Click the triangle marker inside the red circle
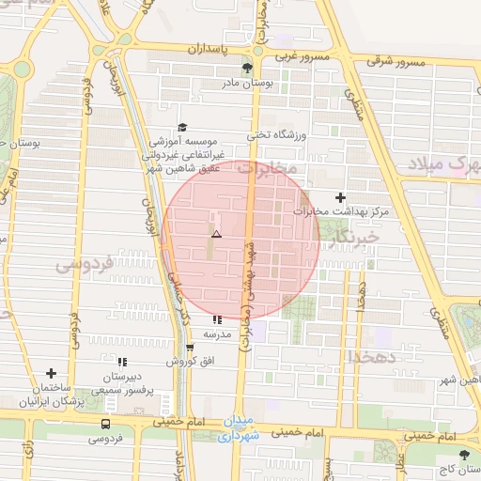click(216, 234)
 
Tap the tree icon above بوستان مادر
click(247, 68)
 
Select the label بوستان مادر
click(246, 84)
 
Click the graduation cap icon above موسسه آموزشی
click(181, 128)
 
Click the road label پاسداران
click(209, 47)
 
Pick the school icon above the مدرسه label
click(218, 319)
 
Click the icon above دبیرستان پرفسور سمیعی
click(121, 362)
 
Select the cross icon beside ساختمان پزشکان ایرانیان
click(51, 373)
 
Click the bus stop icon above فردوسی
click(104, 424)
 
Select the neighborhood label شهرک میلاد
click(445, 164)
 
